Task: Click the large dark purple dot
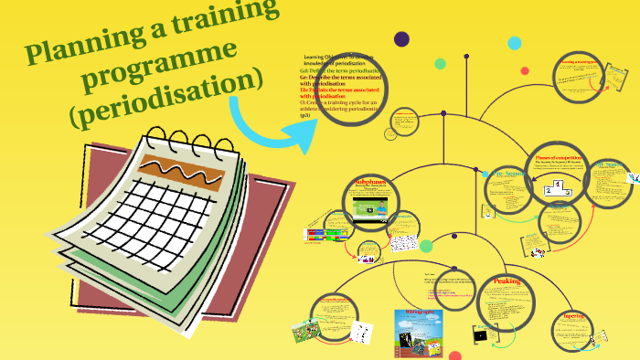[x=401, y=38]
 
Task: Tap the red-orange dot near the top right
[x=524, y=70]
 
